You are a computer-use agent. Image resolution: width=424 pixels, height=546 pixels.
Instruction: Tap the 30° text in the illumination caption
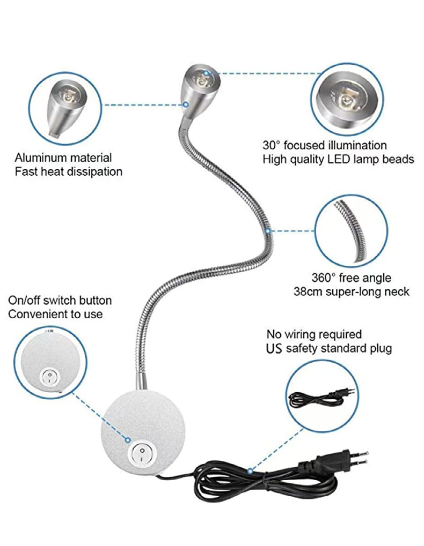point(272,145)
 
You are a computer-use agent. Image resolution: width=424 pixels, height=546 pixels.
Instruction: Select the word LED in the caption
point(337,159)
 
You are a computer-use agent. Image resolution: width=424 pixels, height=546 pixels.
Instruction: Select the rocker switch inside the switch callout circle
point(50,377)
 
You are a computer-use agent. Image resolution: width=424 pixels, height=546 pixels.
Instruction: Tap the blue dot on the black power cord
point(250,471)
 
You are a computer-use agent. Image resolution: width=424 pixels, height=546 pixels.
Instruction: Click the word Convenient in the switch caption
point(34,315)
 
